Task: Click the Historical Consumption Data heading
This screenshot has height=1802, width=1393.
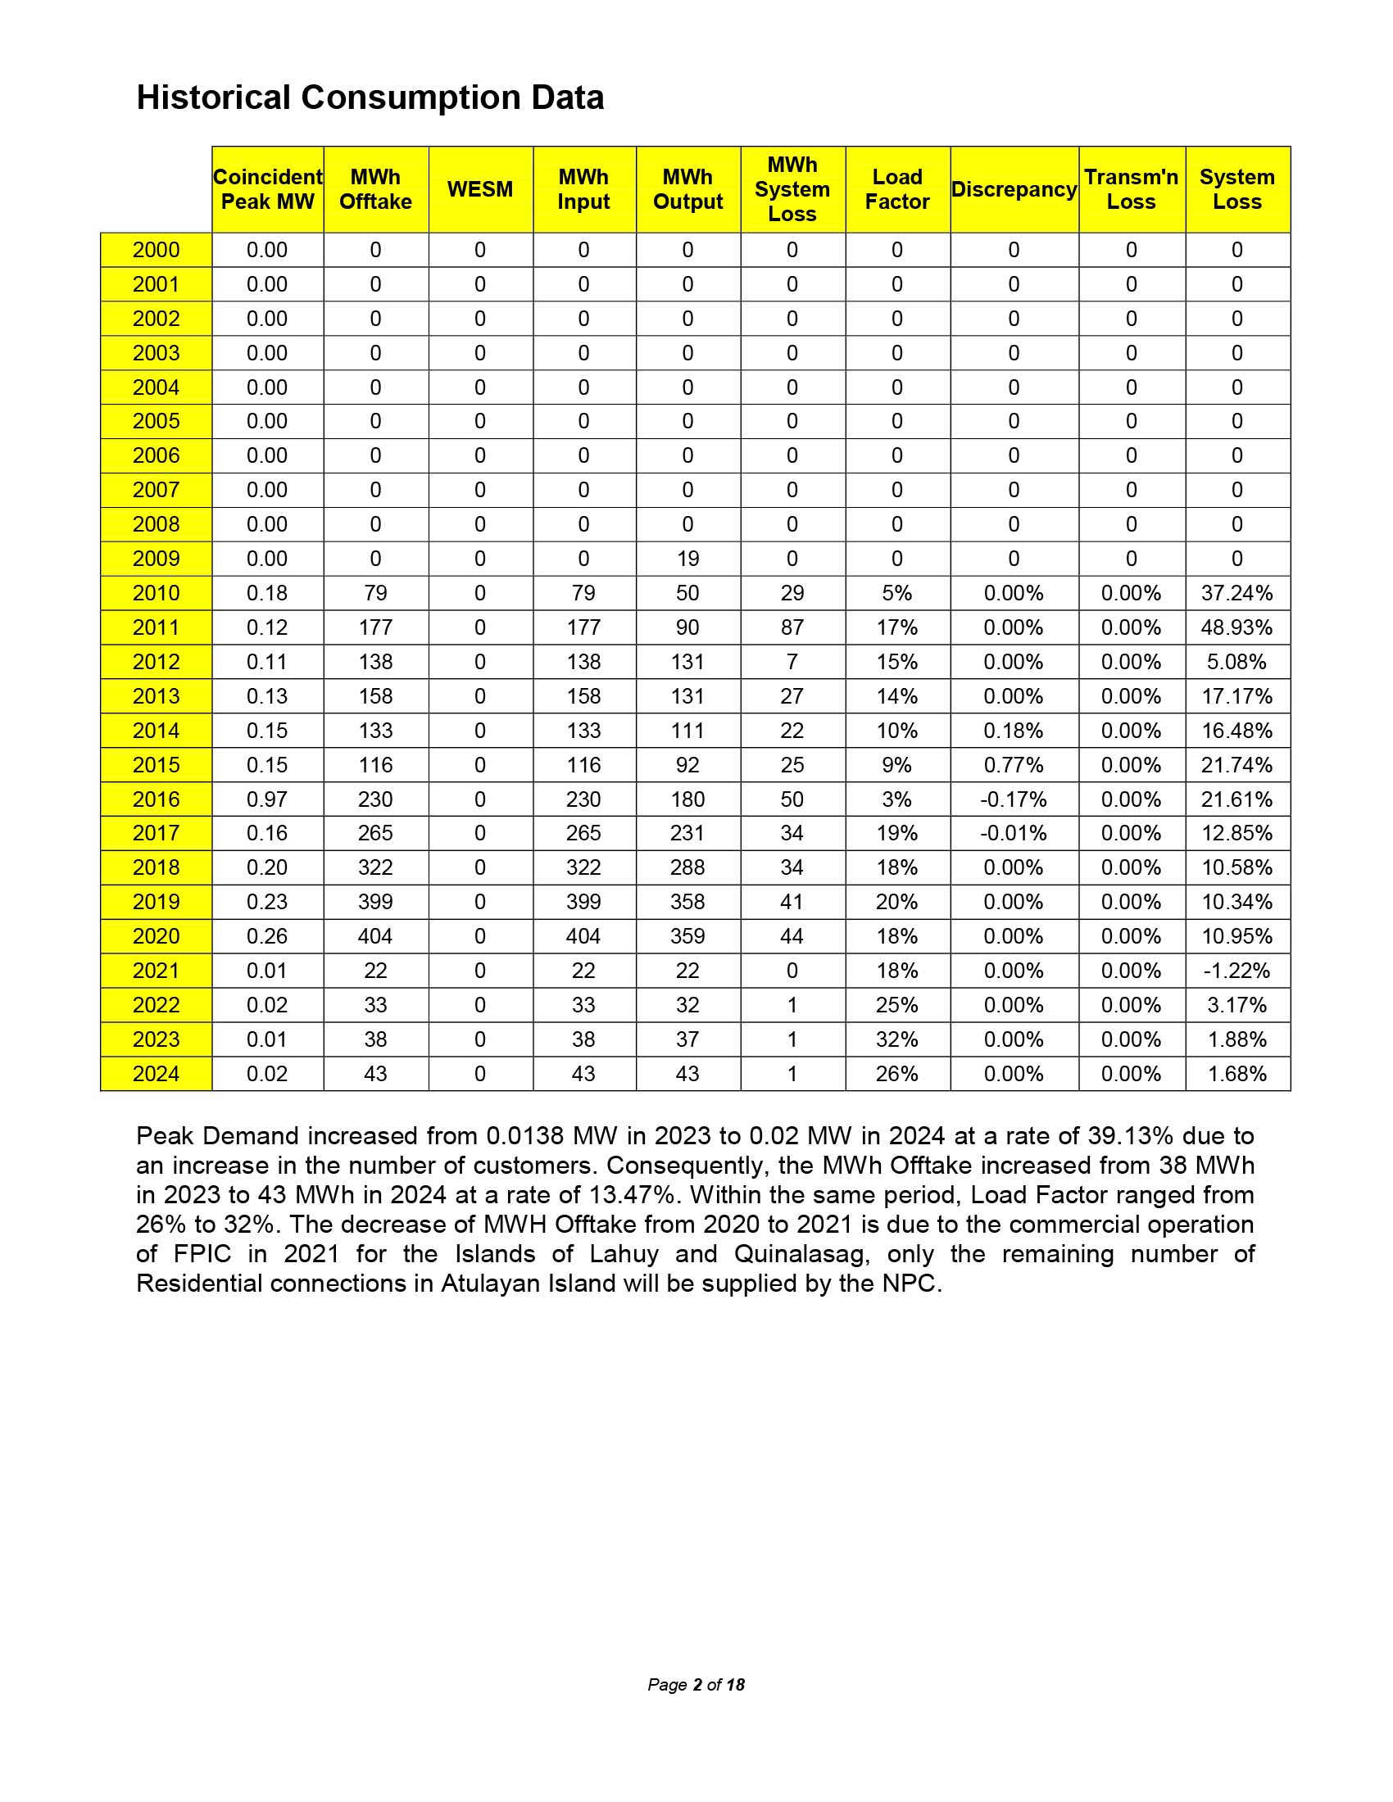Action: [x=370, y=97]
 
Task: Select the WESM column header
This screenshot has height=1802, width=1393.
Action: [x=480, y=189]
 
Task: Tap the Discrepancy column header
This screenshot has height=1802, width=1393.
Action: [x=1014, y=189]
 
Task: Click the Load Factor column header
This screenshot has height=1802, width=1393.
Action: [x=897, y=189]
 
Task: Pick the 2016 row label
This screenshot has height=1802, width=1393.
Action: [x=156, y=799]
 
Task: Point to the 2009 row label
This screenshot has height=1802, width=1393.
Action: [x=156, y=559]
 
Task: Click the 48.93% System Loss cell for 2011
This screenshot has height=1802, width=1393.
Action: [x=1236, y=627]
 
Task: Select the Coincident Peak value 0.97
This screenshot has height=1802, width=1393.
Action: [x=266, y=799]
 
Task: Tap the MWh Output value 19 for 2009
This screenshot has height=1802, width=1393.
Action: [x=687, y=559]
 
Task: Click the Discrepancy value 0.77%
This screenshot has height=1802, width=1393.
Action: [x=1014, y=765]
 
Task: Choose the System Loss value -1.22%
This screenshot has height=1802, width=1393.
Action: [x=1236, y=971]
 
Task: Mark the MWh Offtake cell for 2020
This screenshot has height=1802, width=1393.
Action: [x=375, y=936]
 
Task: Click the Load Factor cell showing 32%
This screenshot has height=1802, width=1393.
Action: [x=897, y=1039]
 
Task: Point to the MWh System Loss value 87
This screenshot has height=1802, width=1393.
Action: [x=792, y=627]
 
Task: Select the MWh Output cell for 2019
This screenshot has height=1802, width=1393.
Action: [x=687, y=902]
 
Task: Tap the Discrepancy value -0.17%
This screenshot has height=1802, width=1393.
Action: [x=1014, y=799]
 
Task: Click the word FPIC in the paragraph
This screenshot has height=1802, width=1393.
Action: [x=202, y=1254]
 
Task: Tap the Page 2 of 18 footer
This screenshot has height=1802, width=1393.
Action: [x=696, y=1685]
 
